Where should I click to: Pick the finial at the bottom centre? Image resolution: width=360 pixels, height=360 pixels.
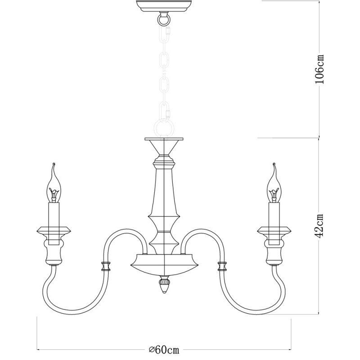pos(164,285)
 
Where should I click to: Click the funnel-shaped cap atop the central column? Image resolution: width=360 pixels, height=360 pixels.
pos(164,146)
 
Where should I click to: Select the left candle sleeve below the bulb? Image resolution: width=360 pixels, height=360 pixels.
pos(54,214)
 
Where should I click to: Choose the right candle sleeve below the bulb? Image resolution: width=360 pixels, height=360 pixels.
pos(273,214)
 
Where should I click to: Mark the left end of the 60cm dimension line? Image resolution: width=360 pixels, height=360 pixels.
pos(37,349)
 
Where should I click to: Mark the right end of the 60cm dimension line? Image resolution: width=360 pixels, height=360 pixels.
pos(291,349)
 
